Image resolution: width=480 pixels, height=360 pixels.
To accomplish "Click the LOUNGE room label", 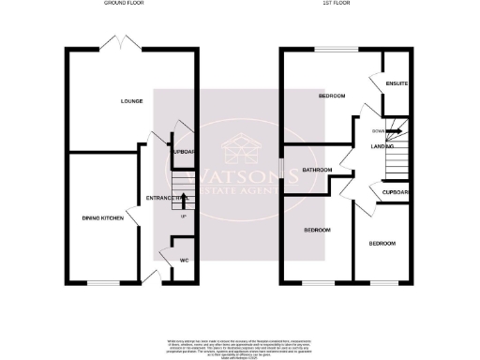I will [130, 100].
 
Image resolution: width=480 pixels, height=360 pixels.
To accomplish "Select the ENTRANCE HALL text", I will [164, 197].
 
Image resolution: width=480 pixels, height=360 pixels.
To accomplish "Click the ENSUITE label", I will [397, 83].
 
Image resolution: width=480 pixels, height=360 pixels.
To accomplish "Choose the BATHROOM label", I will [318, 170].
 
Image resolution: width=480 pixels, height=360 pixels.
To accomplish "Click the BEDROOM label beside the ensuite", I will [333, 97].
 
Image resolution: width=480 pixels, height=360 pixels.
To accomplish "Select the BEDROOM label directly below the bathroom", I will [316, 230].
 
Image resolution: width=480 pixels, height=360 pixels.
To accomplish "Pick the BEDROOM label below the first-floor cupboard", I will [382, 244].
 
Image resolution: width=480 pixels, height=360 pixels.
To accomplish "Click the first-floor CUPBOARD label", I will [397, 193].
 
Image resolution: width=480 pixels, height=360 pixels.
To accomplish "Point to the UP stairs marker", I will [184, 217].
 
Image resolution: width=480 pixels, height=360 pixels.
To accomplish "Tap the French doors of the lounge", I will [122, 44].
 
